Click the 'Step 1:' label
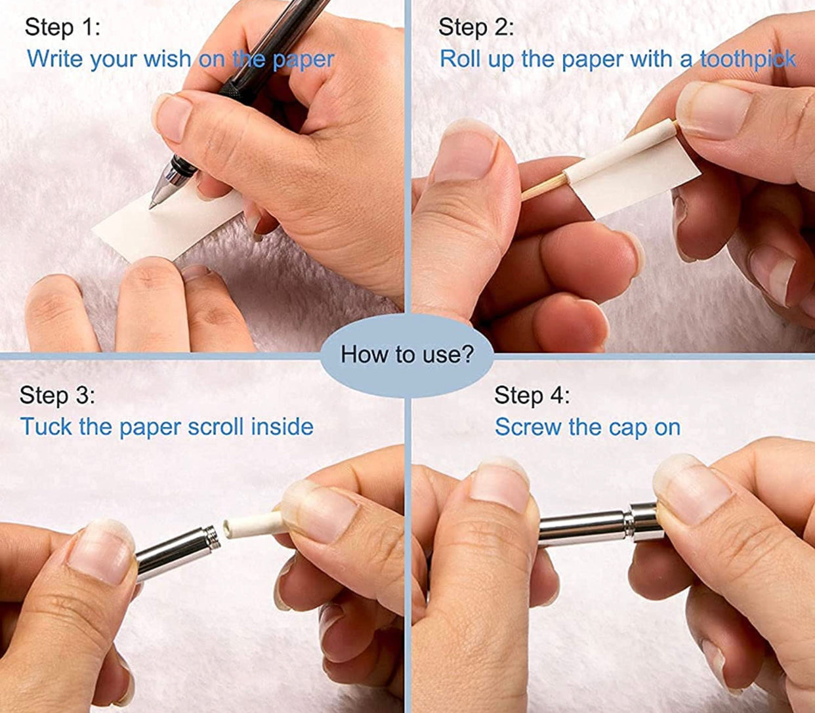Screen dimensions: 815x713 pyautogui.click(x=62, y=28)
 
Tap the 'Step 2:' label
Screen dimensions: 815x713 pyautogui.click(x=476, y=28)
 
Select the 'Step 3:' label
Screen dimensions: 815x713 pyautogui.click(x=57, y=396)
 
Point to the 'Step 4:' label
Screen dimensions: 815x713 pyautogui.click(x=532, y=396)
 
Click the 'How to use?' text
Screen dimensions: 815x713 pyautogui.click(x=407, y=354)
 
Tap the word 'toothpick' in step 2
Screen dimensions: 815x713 pyautogui.click(x=748, y=60)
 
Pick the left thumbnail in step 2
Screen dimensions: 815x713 pyautogui.click(x=465, y=153)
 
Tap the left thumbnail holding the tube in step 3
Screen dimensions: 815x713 pyautogui.click(x=100, y=554)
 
